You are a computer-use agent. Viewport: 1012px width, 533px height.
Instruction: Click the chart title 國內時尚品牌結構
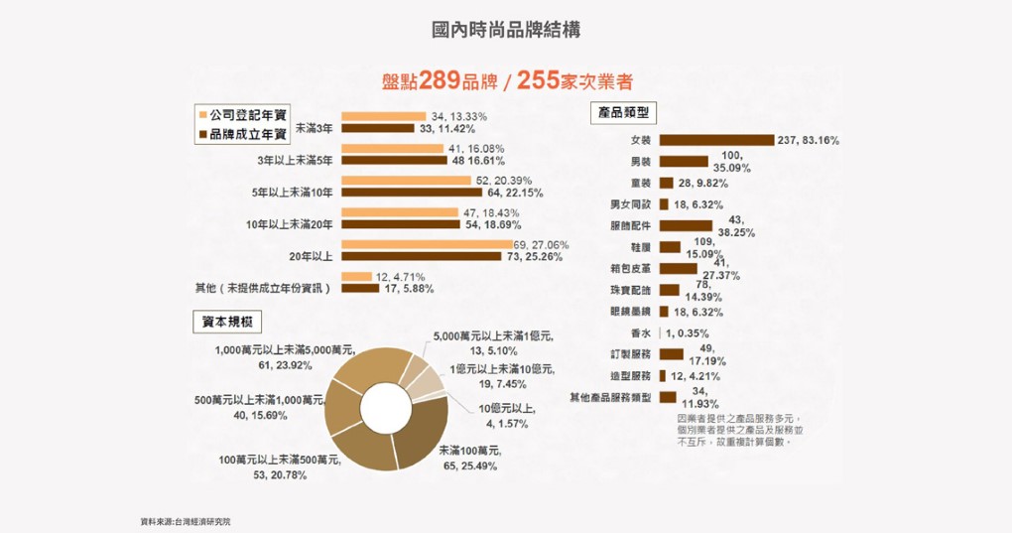click(506, 30)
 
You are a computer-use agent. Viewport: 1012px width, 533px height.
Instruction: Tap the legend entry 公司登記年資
click(247, 115)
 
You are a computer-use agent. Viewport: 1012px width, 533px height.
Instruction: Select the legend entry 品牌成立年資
click(247, 133)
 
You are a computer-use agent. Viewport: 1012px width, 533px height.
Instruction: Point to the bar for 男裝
click(684, 161)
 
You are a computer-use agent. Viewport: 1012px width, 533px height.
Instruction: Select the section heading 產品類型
click(622, 112)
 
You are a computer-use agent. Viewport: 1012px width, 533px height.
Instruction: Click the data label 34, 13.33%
click(459, 116)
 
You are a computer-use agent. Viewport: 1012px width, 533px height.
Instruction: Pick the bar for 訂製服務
click(672, 353)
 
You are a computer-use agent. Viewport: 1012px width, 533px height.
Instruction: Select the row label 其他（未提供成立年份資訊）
click(262, 288)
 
